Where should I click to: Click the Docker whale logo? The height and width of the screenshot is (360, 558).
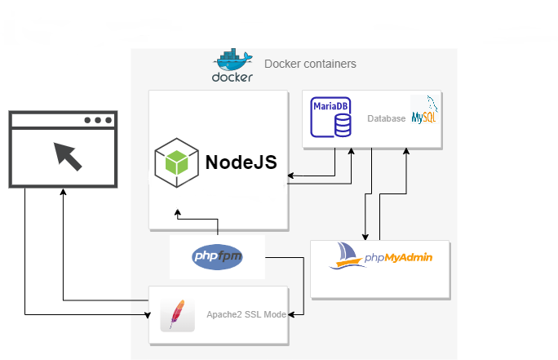pyautogui.click(x=232, y=66)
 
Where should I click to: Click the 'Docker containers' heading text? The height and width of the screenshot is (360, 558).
pyautogui.click(x=310, y=64)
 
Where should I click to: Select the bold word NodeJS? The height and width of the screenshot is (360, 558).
pyautogui.click(x=241, y=162)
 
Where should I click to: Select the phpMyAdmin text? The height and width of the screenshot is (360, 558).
pyautogui.click(x=398, y=258)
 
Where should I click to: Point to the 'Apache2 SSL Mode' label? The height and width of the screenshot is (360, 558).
pyautogui.click(x=246, y=314)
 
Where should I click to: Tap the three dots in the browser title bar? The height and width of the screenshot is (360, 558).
pyautogui.click(x=98, y=120)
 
